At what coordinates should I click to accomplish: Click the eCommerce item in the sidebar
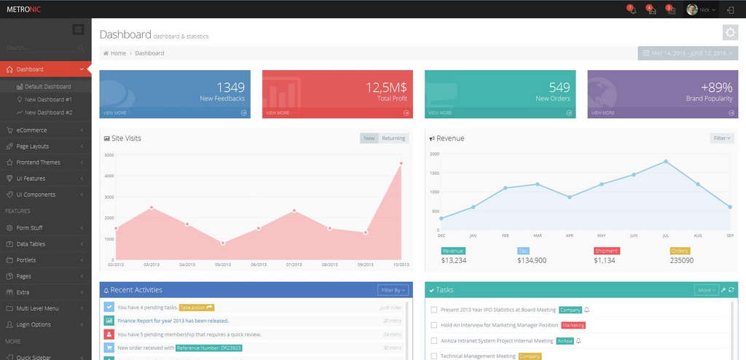click(x=31, y=130)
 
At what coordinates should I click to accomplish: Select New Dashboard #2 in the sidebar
click(x=48, y=113)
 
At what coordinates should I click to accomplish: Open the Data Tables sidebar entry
click(x=31, y=244)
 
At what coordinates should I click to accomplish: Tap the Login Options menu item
click(x=34, y=324)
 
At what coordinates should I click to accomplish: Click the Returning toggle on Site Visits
click(x=393, y=138)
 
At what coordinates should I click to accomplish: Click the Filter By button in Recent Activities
click(x=392, y=290)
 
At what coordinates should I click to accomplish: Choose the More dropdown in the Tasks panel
click(x=706, y=290)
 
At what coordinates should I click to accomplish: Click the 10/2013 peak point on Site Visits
click(x=401, y=163)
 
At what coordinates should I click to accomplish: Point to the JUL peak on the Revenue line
click(x=666, y=161)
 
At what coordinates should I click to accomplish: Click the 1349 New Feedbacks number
click(x=230, y=87)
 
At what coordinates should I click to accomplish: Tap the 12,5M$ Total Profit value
click(x=386, y=87)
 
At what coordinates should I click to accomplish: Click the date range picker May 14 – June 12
click(x=688, y=53)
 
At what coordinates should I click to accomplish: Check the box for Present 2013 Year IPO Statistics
click(x=434, y=310)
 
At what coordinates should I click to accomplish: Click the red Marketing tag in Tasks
click(x=573, y=325)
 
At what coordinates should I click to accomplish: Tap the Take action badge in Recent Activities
click(x=197, y=308)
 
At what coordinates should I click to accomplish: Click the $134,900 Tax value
click(x=532, y=260)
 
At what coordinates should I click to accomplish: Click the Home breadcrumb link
click(x=118, y=53)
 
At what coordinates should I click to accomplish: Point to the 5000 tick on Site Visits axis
click(x=109, y=155)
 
